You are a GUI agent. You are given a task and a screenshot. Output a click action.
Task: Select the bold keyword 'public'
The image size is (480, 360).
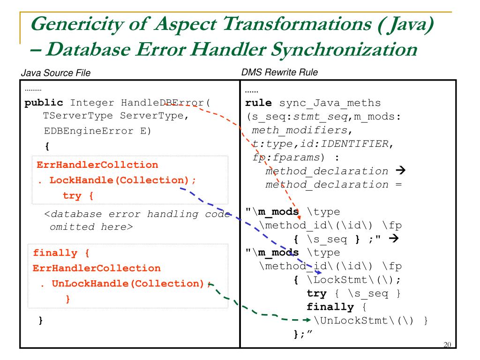tap(44, 102)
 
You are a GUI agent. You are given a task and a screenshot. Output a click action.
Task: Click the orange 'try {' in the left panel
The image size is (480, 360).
tap(78, 195)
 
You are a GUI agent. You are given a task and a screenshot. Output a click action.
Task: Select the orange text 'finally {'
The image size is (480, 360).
tap(61, 253)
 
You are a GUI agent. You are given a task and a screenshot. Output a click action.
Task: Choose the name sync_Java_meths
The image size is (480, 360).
tap(330, 102)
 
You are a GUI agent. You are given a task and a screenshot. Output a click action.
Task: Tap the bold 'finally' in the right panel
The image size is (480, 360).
tap(330, 307)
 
